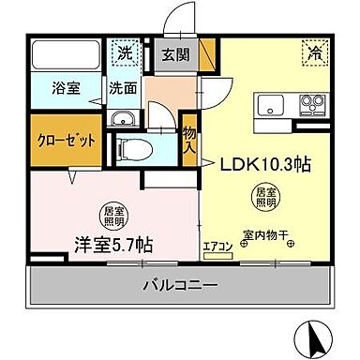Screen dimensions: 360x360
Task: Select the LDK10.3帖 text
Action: [266, 164]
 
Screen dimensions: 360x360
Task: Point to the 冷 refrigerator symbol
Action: [312, 53]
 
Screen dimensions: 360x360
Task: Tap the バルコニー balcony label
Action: [180, 284]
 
